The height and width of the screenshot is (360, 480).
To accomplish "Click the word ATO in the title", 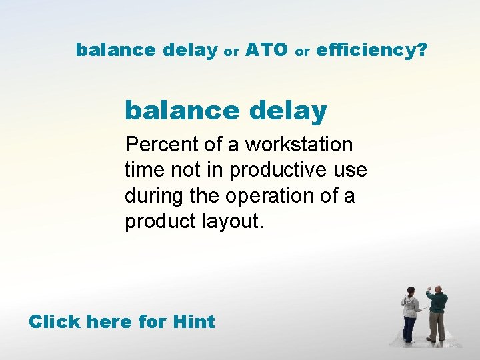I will point(266,49).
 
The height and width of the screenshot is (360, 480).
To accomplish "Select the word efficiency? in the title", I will point(371,50).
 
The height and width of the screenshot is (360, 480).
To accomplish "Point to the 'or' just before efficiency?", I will point(302,51).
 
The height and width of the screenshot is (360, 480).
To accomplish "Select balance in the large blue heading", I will point(181,111).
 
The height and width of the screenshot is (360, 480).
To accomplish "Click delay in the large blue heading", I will point(288,111).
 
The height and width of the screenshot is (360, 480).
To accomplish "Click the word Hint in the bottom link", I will point(193,322).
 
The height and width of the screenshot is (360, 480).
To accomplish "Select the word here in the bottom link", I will point(110,322).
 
